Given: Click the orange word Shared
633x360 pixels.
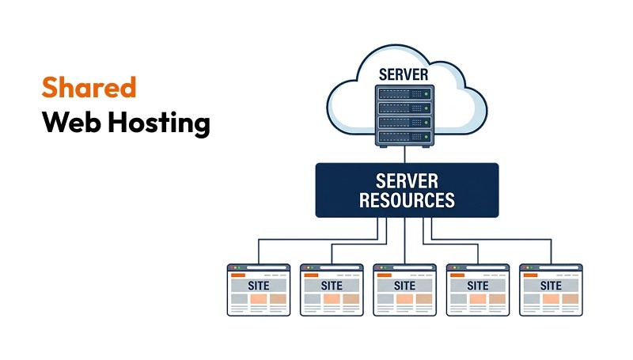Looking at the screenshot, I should [89, 87].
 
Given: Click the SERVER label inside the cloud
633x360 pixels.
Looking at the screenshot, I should [404, 74].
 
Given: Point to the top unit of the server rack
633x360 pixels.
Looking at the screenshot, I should [404, 93].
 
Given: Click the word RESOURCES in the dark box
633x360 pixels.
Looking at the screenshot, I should [407, 199].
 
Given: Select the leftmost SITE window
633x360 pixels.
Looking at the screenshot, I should [259, 290].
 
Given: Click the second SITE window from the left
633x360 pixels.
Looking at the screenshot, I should [332, 290].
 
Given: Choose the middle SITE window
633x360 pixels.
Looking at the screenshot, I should [404, 290].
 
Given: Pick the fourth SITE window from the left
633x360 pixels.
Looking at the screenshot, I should [477, 290].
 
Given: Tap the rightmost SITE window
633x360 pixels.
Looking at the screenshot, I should [551, 290].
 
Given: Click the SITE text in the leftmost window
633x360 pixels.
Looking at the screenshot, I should [259, 285].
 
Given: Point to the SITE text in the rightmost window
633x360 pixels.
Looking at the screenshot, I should [551, 285].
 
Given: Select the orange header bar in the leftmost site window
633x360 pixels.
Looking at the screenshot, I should [238, 275].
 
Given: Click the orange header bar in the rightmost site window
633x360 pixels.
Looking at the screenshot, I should [530, 275].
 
